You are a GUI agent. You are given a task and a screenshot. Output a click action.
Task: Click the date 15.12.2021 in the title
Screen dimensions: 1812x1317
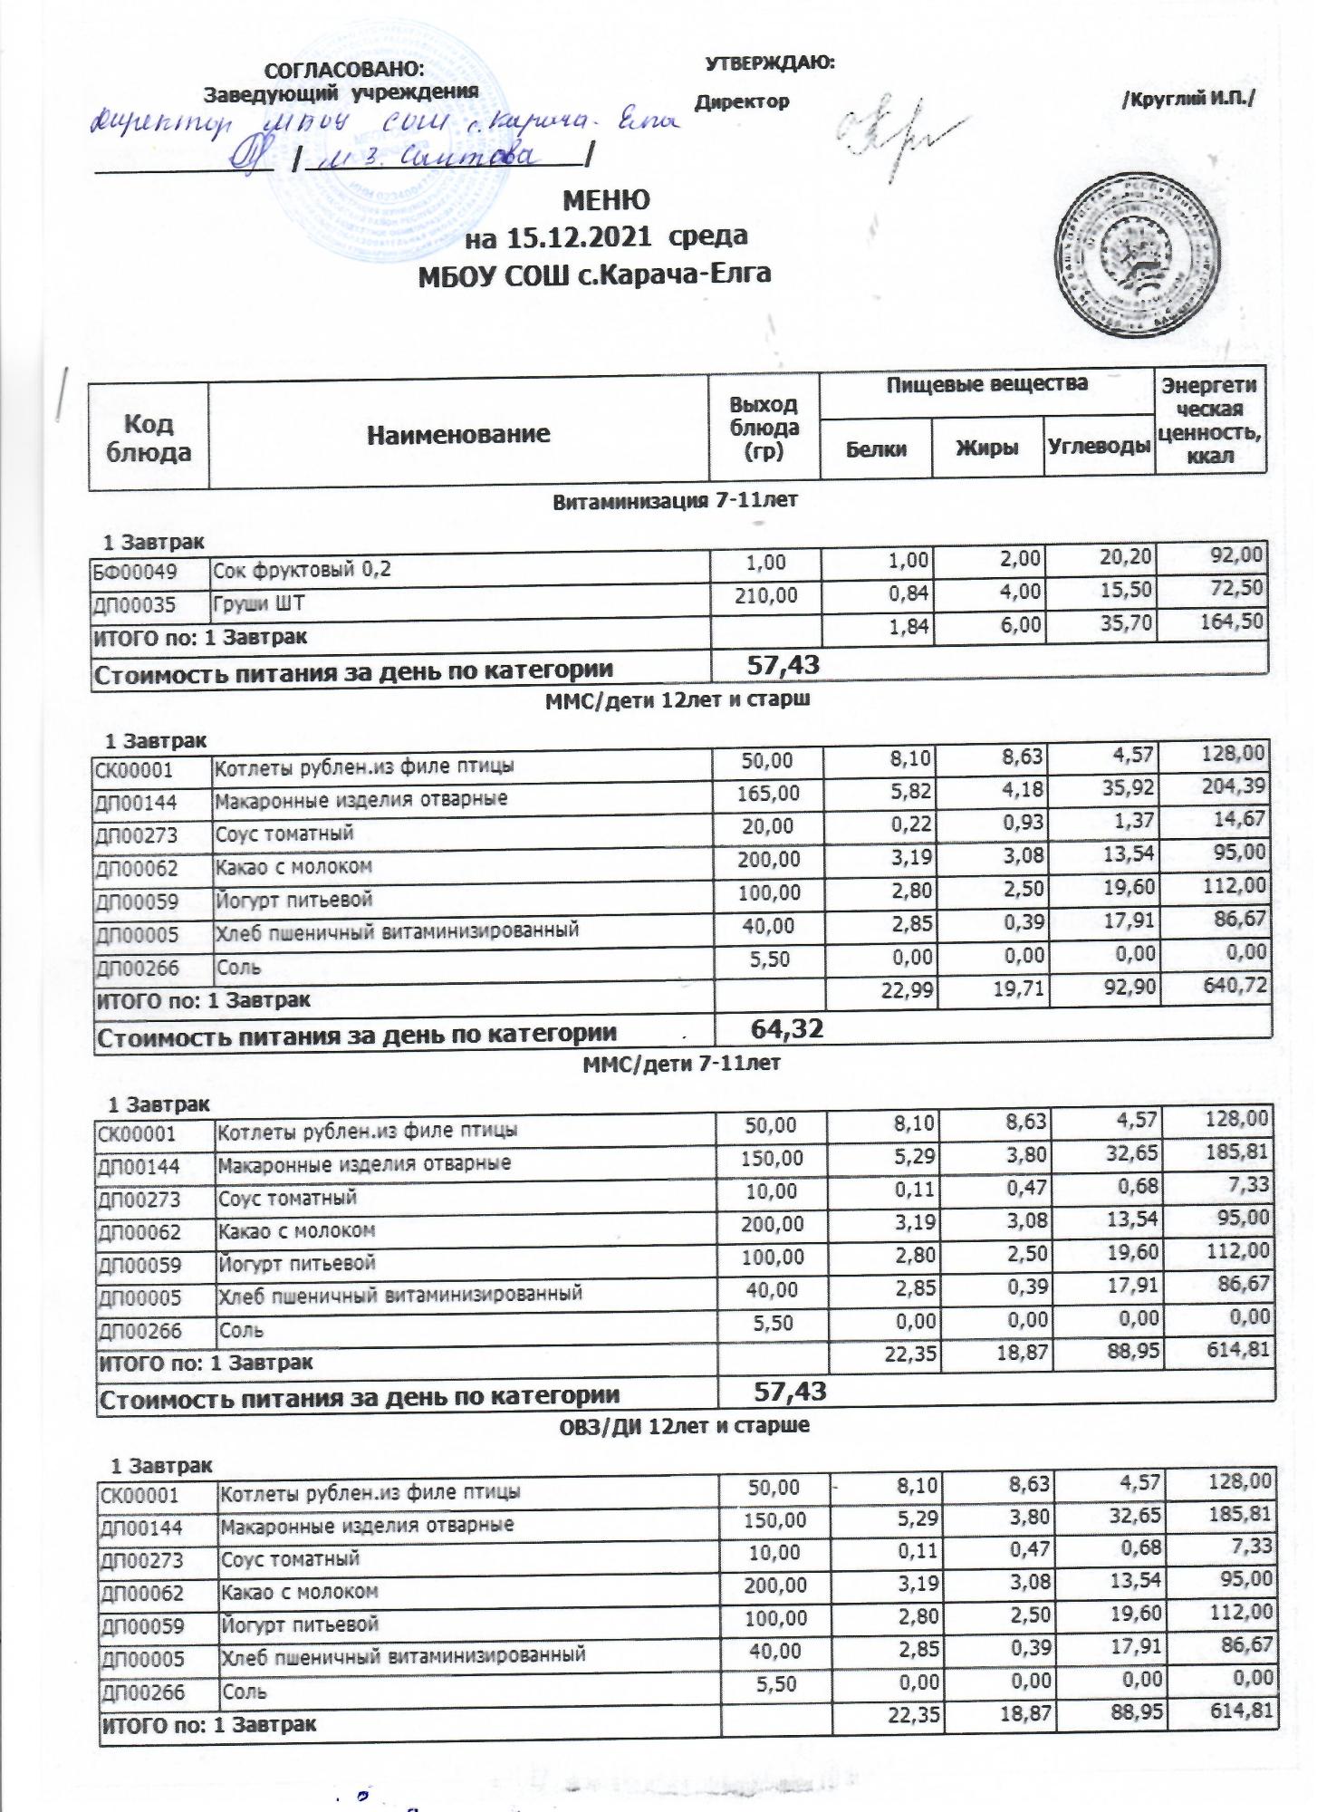(579, 237)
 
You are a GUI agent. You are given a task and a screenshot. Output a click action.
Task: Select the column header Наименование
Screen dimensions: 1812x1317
(458, 434)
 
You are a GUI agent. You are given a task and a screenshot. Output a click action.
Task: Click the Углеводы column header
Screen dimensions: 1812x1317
(1099, 447)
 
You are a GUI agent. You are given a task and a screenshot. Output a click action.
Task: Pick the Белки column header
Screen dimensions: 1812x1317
(876, 448)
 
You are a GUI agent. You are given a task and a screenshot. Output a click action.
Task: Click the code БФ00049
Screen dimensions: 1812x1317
(148, 571)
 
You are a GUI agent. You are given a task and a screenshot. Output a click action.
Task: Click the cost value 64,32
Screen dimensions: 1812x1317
(787, 1030)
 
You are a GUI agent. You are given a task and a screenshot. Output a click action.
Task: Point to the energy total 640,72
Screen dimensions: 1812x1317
(1235, 984)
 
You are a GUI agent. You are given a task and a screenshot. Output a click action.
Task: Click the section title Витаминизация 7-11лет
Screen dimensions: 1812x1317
(675, 499)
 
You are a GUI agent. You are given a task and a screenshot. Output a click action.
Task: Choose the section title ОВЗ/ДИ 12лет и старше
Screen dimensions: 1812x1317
(680, 1425)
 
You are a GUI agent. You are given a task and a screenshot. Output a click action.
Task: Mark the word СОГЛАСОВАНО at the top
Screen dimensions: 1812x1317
(342, 70)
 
